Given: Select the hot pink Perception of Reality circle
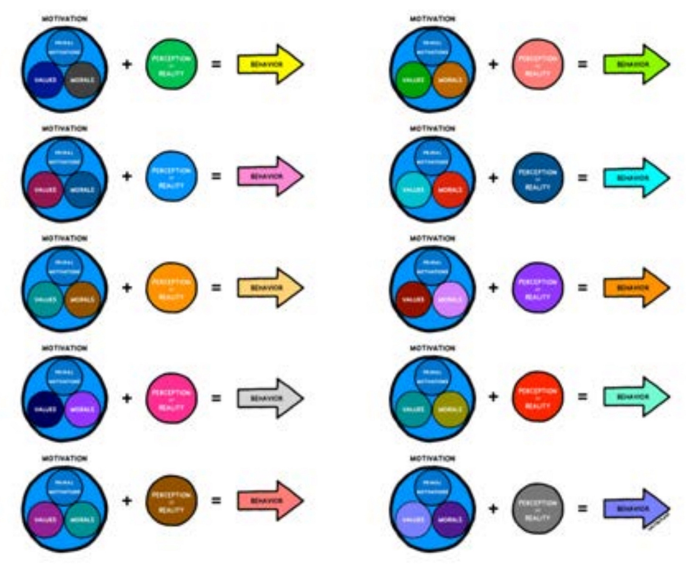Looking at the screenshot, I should (172, 398).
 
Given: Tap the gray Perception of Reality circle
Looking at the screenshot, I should (538, 509).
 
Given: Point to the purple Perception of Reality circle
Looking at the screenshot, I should (538, 288).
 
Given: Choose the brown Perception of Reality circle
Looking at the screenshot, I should (172, 501).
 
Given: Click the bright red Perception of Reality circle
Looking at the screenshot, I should (538, 397).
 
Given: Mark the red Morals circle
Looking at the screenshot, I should (451, 190).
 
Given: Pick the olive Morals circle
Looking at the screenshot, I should (451, 409).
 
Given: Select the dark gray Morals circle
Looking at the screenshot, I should (82, 80).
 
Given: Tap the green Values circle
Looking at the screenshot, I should (413, 80).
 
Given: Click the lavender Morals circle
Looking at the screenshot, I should (451, 299).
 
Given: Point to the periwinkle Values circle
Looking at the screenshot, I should (413, 520).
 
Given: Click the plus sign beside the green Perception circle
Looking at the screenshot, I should (127, 64).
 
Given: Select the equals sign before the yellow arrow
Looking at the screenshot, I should (216, 64).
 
